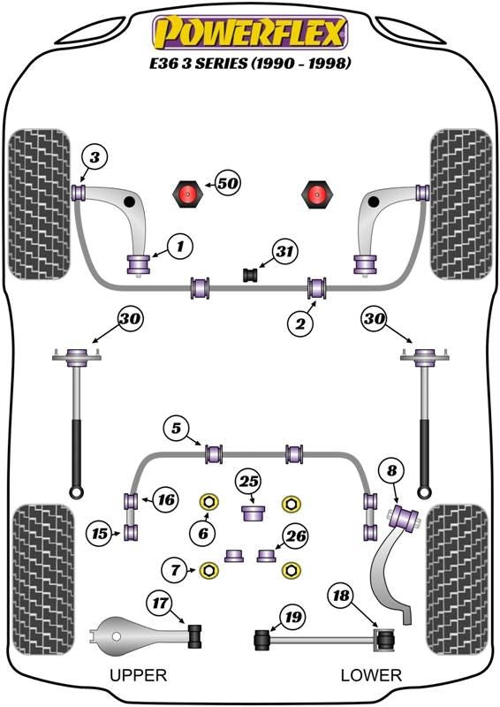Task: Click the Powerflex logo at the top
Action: (x=250, y=33)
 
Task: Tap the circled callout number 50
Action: (x=228, y=183)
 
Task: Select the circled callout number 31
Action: (x=284, y=251)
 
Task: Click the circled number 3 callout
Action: (x=95, y=157)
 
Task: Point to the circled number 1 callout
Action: (x=180, y=247)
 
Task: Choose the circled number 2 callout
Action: (x=300, y=323)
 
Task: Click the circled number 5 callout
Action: (x=176, y=428)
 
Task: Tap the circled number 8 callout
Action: (x=392, y=471)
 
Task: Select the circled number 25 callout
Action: (x=249, y=482)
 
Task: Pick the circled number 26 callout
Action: (x=296, y=536)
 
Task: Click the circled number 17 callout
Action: (x=160, y=603)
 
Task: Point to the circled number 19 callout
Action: (x=293, y=616)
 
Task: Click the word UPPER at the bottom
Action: (x=139, y=675)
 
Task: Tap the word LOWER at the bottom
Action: (x=371, y=675)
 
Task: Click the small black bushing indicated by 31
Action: (x=250, y=275)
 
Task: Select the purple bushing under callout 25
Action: (x=253, y=513)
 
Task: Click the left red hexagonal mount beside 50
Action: (x=187, y=194)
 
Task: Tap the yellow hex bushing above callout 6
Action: (x=208, y=503)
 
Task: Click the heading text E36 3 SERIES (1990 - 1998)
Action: (x=250, y=63)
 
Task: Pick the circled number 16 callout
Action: (x=166, y=499)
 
